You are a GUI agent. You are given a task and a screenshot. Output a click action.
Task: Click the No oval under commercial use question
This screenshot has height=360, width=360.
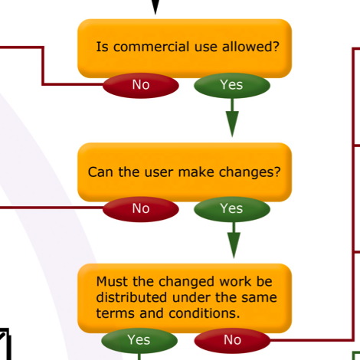[x=141, y=85]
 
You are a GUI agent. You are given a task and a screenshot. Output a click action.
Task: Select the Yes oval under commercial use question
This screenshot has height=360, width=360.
[x=232, y=85]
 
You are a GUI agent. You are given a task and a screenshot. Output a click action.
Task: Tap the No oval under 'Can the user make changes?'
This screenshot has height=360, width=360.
[x=141, y=209]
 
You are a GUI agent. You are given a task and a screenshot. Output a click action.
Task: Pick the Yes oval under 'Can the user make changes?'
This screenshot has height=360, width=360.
[x=232, y=209]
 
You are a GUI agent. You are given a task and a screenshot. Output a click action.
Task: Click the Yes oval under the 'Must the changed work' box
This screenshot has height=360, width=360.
[x=139, y=340]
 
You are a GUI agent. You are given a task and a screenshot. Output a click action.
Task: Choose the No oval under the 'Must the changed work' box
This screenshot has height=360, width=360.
[x=232, y=340]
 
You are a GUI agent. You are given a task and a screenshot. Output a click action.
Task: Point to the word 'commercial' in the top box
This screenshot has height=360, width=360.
[x=152, y=47]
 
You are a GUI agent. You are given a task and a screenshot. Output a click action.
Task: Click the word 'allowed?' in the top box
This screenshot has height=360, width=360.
[x=250, y=47]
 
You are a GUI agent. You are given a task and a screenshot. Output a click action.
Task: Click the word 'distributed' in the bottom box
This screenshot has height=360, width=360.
[x=132, y=297]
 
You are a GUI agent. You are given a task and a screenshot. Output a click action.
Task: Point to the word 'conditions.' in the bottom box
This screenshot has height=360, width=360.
[x=205, y=313]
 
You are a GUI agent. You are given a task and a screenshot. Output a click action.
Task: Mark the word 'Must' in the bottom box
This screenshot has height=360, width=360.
[x=113, y=282]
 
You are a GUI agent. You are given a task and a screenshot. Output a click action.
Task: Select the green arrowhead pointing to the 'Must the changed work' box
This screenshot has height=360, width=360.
[x=234, y=245]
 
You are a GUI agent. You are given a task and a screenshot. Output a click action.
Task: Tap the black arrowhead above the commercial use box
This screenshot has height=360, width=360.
[x=155, y=6]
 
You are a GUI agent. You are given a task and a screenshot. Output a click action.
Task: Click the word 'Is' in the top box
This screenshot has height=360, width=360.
[x=102, y=47]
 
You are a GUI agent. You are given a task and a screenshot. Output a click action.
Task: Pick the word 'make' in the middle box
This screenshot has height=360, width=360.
[x=196, y=172]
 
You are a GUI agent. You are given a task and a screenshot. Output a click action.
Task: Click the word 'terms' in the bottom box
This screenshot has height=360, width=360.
[x=115, y=313]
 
